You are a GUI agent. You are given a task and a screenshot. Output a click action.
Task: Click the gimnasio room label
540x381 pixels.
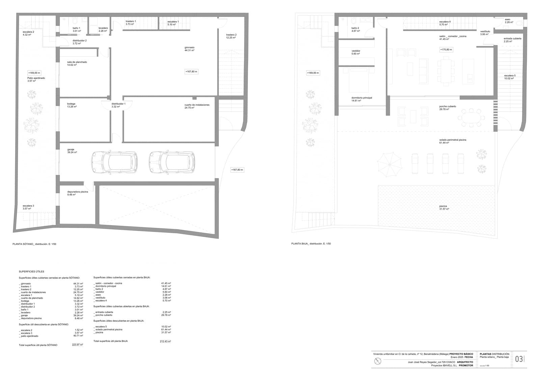[189, 49]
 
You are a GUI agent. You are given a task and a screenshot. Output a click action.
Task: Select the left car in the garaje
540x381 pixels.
[114, 162]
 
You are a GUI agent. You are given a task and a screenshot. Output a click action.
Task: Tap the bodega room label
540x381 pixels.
[72, 105]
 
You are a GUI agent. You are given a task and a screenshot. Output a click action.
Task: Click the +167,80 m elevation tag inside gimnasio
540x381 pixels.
[191, 71]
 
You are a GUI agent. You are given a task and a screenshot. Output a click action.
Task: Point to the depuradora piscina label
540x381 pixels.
[77, 193]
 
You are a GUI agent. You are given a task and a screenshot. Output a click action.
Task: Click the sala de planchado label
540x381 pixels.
[77, 63]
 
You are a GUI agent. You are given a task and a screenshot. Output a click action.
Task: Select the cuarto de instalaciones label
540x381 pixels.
[197, 106]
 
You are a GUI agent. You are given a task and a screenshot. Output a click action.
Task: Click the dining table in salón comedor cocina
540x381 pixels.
[446, 70]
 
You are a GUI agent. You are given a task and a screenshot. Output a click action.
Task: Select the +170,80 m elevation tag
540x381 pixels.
[446, 50]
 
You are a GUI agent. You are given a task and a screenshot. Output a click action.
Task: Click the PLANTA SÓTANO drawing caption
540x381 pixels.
[34, 244]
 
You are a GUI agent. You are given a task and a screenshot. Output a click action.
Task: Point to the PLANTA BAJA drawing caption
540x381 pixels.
[311, 243]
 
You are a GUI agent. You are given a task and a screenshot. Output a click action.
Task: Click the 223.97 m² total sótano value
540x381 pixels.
[77, 345]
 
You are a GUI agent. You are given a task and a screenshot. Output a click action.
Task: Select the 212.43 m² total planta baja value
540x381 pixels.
[165, 341]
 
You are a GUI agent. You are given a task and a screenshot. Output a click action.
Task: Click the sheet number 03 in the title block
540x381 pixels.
[519, 359]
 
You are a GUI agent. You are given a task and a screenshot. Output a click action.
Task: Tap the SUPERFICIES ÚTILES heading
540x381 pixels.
[31, 271]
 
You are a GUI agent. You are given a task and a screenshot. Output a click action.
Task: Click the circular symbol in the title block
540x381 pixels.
[378, 361]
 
